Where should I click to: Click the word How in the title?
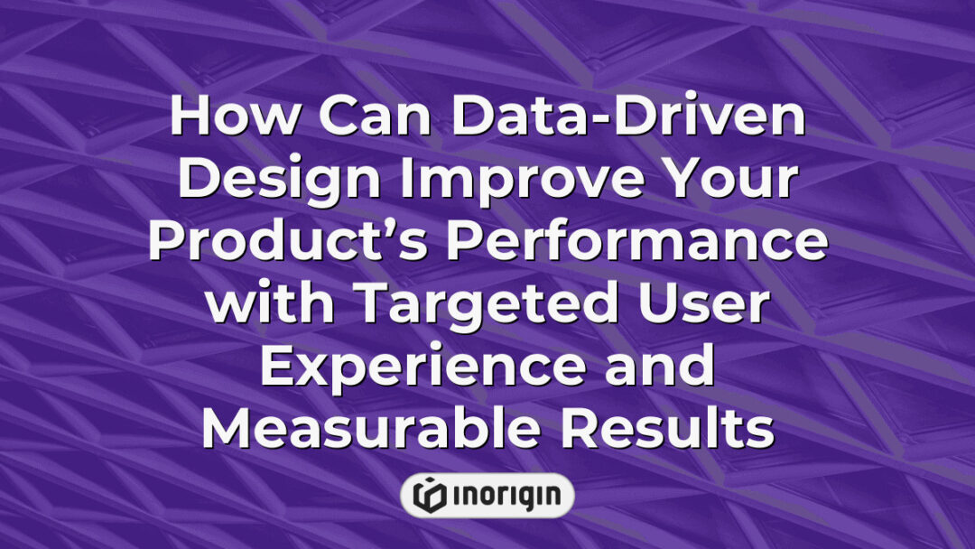pyautogui.click(x=219, y=117)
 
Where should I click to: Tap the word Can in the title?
pyautogui.click(x=338, y=117)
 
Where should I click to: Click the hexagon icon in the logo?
pyautogui.click(x=430, y=495)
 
